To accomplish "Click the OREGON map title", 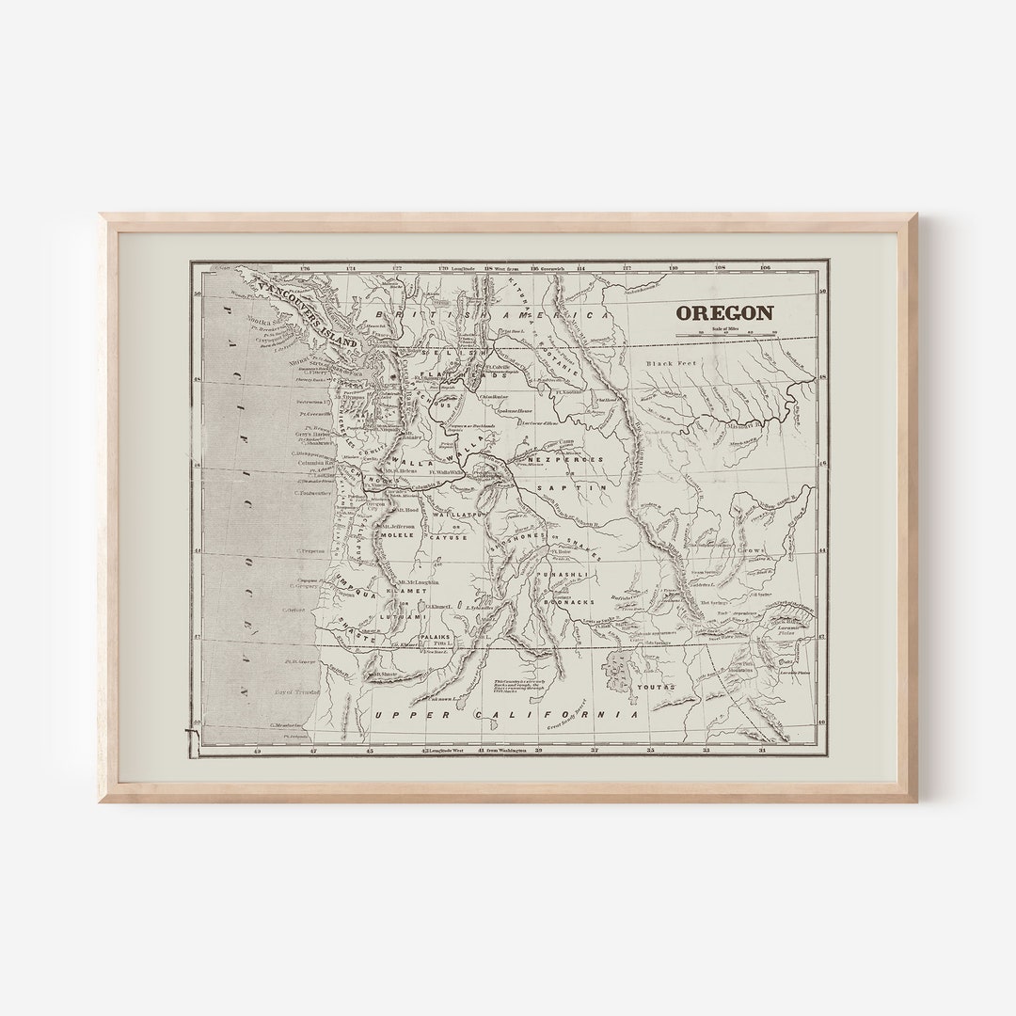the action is click(x=725, y=313).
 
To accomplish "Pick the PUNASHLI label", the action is click(x=563, y=573).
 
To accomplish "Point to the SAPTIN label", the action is click(x=559, y=488).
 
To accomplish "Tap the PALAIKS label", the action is click(x=435, y=637).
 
